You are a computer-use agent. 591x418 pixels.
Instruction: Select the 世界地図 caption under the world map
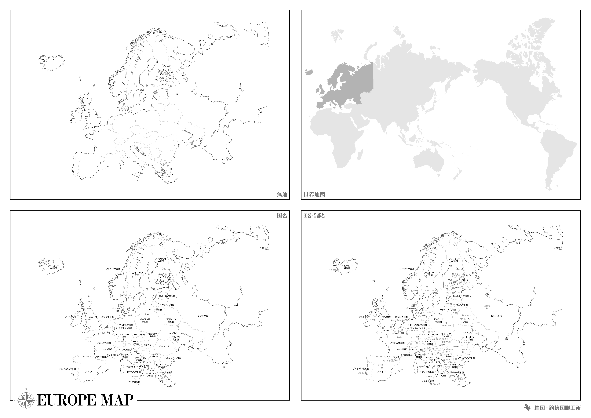[314, 195]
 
